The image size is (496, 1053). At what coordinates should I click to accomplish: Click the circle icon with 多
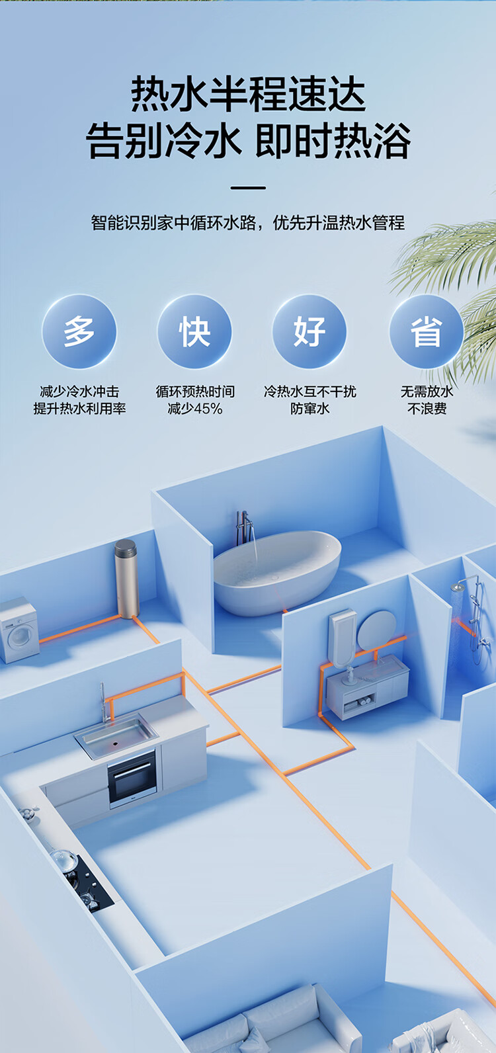79,331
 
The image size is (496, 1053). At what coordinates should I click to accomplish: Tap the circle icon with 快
194,331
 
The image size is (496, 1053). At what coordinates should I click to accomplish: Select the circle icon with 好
310,331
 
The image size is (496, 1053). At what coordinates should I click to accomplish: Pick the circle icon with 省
426,331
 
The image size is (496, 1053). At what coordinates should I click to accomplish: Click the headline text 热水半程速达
248,94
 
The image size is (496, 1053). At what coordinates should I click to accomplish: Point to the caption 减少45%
194,409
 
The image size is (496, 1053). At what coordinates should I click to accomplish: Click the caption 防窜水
310,409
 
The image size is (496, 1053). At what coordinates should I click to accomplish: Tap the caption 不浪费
427,409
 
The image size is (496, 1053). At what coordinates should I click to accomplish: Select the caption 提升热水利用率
79,409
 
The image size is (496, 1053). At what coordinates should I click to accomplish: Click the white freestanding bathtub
276,572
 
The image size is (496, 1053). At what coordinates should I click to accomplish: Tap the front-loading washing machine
19,630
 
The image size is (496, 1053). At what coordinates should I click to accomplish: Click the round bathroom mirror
376,630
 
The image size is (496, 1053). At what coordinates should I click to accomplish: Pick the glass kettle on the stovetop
63,860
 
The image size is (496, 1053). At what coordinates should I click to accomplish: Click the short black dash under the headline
248,188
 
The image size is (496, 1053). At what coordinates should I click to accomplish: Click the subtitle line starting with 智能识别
248,223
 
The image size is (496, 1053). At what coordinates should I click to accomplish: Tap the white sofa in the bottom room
278,1025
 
